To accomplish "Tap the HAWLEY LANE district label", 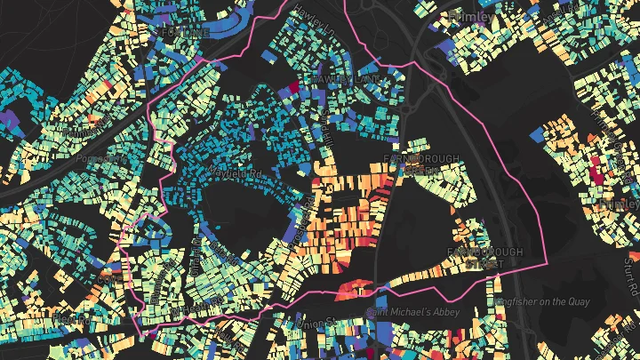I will click(x=346, y=80).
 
